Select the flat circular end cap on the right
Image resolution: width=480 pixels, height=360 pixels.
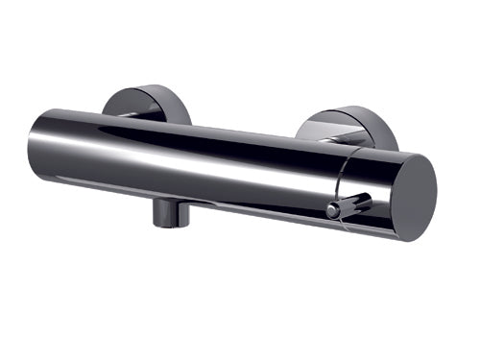coord(403,193)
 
